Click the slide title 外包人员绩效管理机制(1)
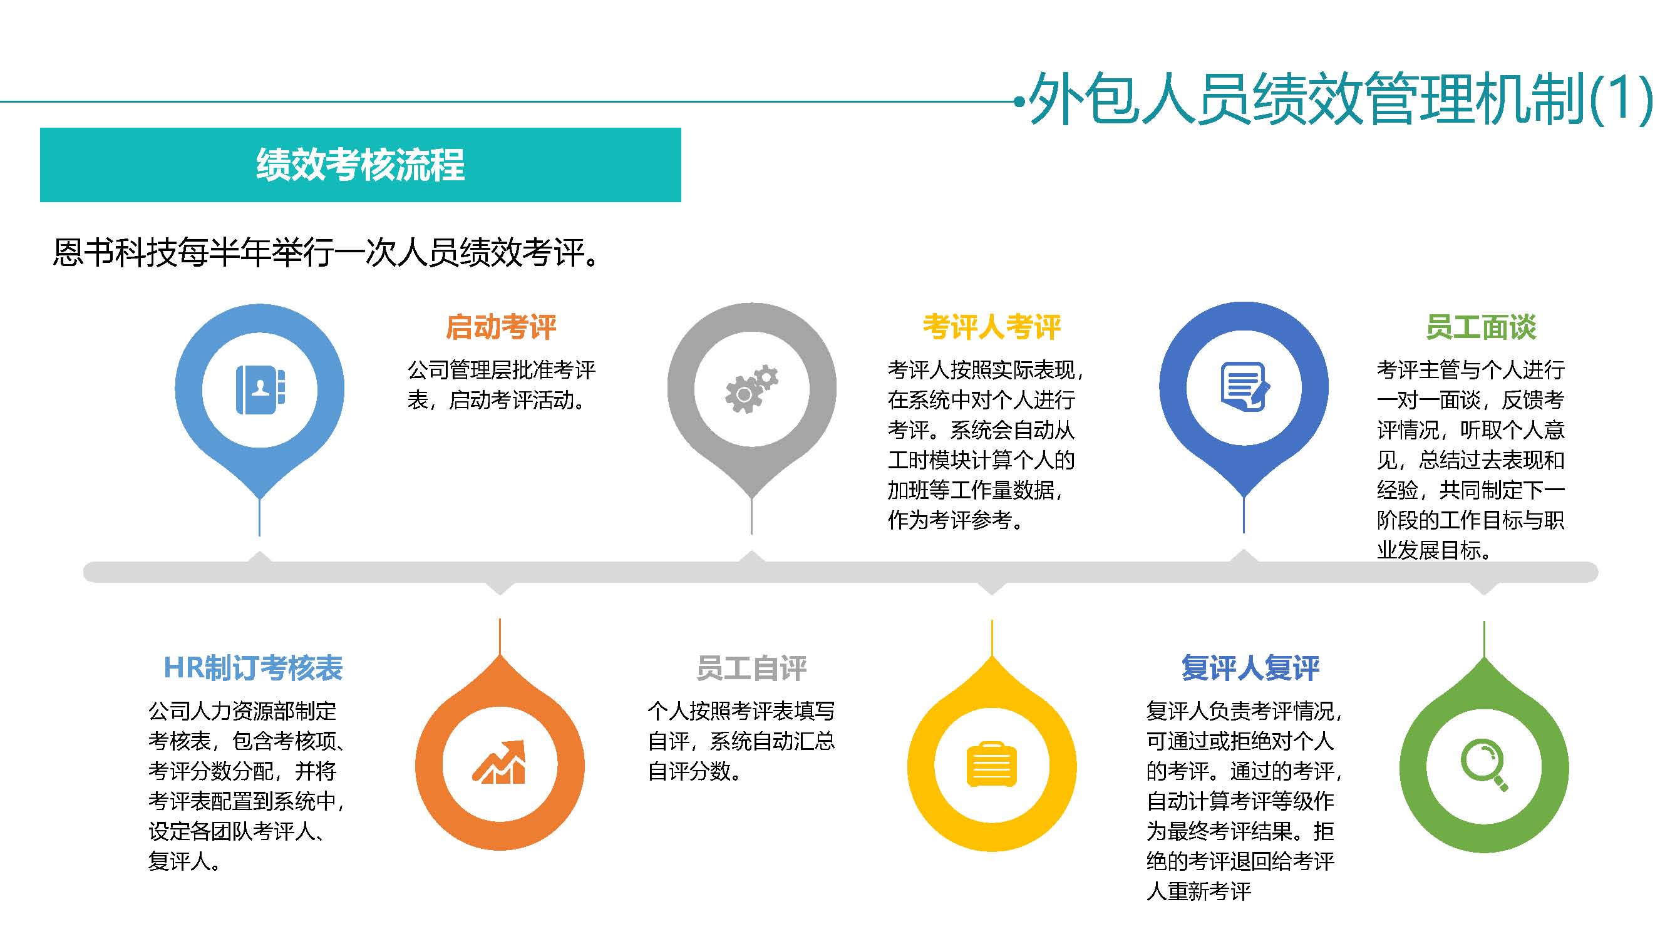pyautogui.click(x=1340, y=99)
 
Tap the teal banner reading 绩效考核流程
pyautogui.click(x=361, y=165)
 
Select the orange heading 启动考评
pyautogui.click(x=501, y=327)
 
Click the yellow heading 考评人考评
pyautogui.click(x=992, y=327)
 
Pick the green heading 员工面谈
pyautogui.click(x=1482, y=327)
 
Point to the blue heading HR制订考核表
pyautogui.click(x=253, y=668)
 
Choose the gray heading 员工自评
pyautogui.click(x=751, y=668)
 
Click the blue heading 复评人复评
pyautogui.click(x=1250, y=668)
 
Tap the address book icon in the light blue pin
pyautogui.click(x=260, y=389)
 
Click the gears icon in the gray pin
pyautogui.click(x=751, y=389)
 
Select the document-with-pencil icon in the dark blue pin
pyautogui.click(x=1245, y=387)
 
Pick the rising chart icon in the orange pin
pyautogui.click(x=499, y=762)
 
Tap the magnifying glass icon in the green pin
pyautogui.click(x=1485, y=766)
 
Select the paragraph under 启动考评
pyautogui.click(x=501, y=385)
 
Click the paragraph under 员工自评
pyautogui.click(x=741, y=741)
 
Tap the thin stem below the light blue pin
pyautogui.click(x=259, y=516)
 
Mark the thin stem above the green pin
pyautogui.click(x=1484, y=640)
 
